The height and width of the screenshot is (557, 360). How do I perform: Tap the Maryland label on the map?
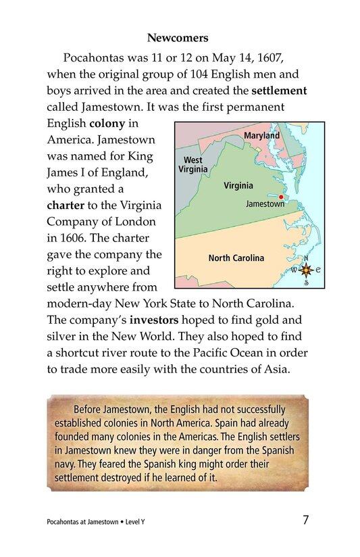261,136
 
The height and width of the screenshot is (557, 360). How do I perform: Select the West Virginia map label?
193,165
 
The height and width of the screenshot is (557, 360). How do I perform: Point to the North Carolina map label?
236,258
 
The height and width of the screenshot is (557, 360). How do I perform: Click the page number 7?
306,520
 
